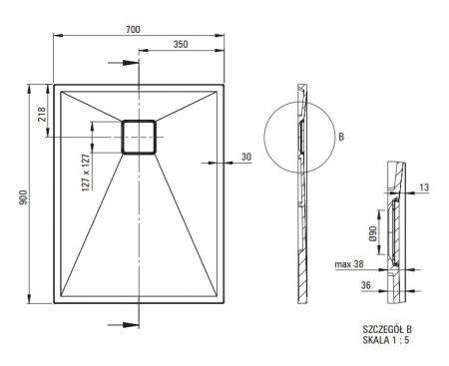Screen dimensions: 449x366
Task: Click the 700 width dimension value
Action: [x=133, y=29]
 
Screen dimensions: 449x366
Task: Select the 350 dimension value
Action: [x=181, y=44]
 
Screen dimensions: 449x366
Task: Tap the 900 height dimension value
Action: [x=23, y=197]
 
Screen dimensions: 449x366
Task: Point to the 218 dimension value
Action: [x=42, y=114]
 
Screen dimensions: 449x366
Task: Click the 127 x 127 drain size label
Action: [x=86, y=173]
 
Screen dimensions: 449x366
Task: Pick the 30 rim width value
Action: [x=246, y=157]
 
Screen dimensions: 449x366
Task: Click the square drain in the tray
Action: [x=139, y=137]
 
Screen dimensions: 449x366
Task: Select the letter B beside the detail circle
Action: [x=341, y=137]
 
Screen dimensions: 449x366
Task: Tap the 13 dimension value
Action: [x=424, y=187]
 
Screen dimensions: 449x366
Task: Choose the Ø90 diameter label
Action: [x=372, y=234]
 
